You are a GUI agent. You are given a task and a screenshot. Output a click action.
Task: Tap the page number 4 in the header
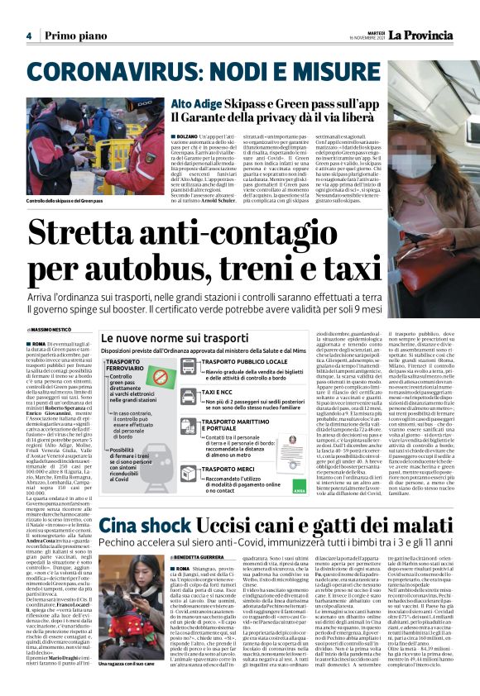point(28,36)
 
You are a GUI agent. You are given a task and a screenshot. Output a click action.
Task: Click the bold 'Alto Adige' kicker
point(195,104)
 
